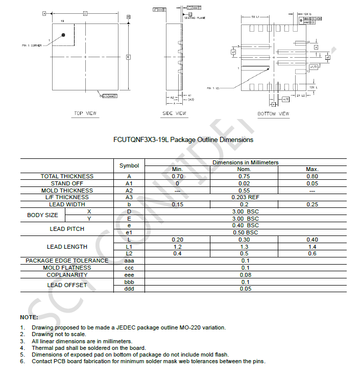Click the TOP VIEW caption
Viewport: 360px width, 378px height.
coord(85,113)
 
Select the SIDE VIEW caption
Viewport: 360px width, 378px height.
coord(174,113)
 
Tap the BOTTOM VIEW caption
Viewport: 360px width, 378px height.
coord(273,113)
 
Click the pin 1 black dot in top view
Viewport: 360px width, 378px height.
coord(63,35)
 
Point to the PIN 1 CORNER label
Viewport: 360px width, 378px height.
coord(32,45)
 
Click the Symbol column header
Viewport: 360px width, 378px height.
coord(129,166)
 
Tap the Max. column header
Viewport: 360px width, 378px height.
coord(312,169)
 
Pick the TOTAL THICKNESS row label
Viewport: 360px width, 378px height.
coord(67,176)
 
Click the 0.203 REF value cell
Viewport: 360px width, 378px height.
coord(245,197)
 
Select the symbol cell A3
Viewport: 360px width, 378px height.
coord(129,197)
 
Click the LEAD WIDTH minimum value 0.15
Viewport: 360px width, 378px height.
coord(177,204)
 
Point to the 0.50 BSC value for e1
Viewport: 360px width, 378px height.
coord(245,232)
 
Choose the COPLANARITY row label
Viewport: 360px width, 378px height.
coord(67,275)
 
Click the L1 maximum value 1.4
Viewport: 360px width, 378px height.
coord(312,247)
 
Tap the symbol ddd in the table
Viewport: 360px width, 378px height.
coord(129,289)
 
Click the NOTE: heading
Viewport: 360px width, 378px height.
coord(29,317)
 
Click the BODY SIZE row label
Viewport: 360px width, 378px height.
coord(42,215)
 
